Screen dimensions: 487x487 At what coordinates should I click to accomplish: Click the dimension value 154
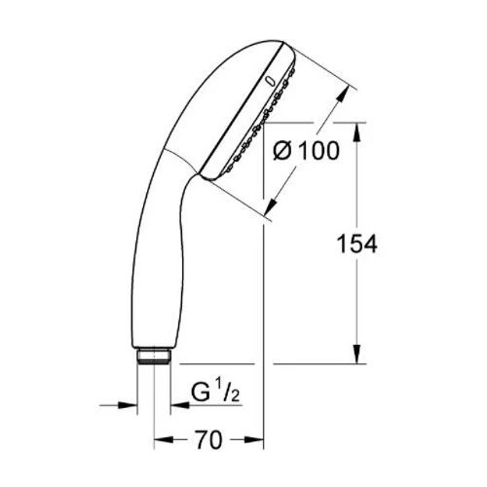click(x=357, y=243)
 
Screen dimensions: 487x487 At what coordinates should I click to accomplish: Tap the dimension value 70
click(x=209, y=440)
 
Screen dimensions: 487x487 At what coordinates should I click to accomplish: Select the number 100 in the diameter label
click(x=318, y=151)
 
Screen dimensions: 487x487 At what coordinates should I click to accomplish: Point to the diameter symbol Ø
click(x=282, y=151)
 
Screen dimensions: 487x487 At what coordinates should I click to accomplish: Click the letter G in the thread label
click(x=201, y=393)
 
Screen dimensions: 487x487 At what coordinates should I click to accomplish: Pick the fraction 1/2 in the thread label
click(x=228, y=391)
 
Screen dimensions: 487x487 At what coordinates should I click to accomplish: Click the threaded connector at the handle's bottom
click(x=154, y=356)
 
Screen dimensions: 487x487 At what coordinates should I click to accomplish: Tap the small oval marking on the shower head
click(x=269, y=82)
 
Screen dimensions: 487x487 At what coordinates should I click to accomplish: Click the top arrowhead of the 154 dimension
click(x=357, y=132)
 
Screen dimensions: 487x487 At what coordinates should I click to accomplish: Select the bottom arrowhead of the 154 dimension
click(x=357, y=355)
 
